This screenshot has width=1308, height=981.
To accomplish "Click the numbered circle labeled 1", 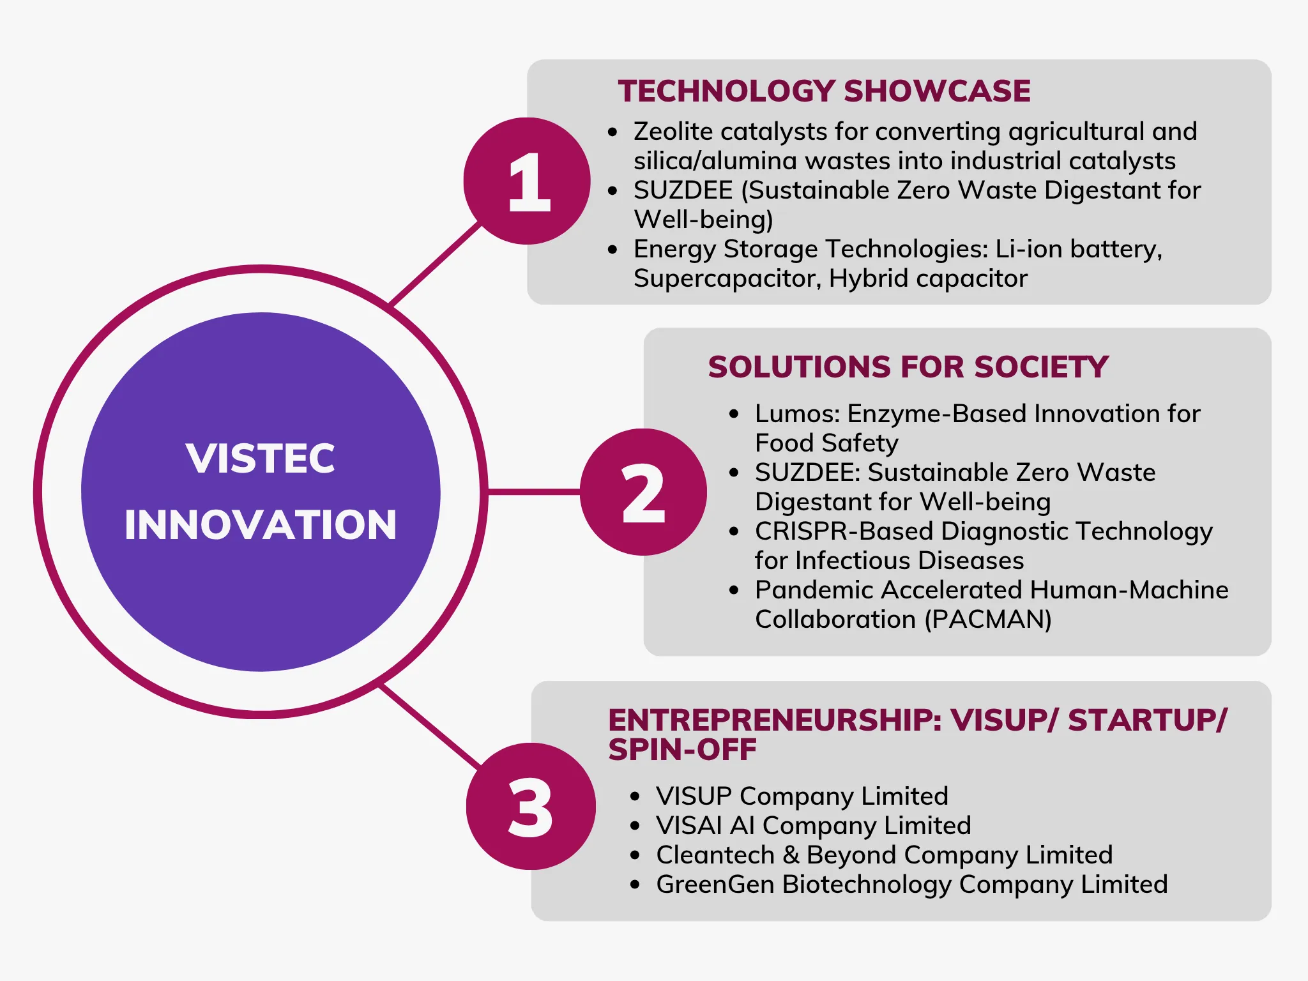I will pos(527,181).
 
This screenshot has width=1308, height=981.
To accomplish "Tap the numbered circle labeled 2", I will pos(643,492).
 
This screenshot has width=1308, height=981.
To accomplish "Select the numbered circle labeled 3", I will pos(530,806).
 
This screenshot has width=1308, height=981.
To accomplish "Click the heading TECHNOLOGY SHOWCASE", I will pos(824,91).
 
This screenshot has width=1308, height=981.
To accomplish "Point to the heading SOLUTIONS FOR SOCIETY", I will pos(908,367).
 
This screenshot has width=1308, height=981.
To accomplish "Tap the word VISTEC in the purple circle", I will pos(261,458).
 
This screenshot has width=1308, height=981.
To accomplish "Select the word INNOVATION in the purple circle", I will pos(261,525).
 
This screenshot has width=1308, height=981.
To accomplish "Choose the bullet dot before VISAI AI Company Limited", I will pos(634,826).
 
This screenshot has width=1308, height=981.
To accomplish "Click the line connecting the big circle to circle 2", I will pos(533,492).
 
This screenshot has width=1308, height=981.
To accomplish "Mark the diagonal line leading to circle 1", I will pos(434,264).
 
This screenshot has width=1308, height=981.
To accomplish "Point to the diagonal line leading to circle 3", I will pos(429,726).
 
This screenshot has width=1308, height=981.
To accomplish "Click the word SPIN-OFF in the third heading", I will pos(682,750).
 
